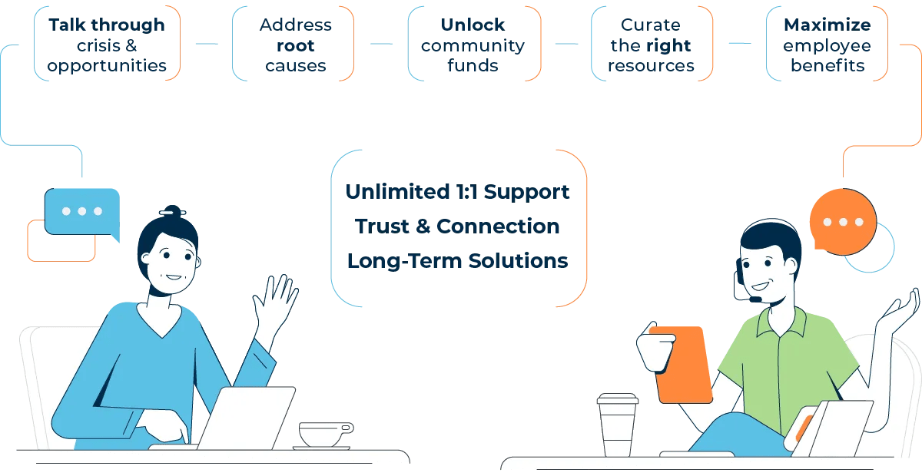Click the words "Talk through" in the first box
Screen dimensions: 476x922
(107, 25)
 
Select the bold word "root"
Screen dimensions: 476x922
(296, 45)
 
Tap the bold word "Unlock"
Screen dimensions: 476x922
(473, 25)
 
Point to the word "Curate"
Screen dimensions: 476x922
(651, 25)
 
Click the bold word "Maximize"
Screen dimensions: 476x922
(827, 25)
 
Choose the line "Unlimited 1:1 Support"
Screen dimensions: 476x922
(458, 191)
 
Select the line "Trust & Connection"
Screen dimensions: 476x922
(457, 226)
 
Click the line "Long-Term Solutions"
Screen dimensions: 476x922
(458, 261)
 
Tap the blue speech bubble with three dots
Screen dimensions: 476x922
(81, 211)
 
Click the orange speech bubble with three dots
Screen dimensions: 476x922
(843, 223)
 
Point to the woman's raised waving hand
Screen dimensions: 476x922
(275, 302)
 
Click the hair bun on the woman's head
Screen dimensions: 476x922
(173, 210)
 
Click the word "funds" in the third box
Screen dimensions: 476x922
(473, 66)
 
